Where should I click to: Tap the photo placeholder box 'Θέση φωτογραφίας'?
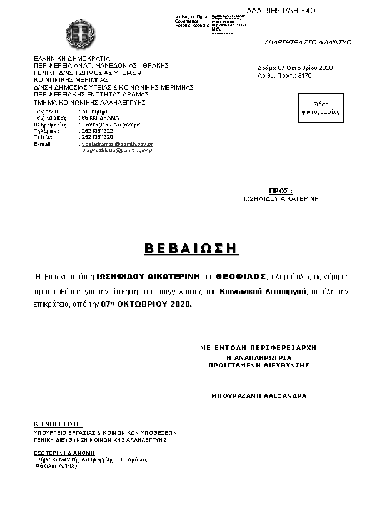tap(324, 108)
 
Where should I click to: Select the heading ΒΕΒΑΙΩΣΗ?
tap(191, 248)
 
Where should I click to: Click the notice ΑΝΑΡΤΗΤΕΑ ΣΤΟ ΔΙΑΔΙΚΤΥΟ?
tap(308, 42)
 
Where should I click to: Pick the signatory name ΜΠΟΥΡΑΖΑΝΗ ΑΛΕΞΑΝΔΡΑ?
tap(258, 396)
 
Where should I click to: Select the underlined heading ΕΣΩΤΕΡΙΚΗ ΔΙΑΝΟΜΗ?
tap(64, 452)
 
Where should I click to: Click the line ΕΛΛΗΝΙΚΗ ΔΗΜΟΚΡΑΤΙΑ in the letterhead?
tap(71, 58)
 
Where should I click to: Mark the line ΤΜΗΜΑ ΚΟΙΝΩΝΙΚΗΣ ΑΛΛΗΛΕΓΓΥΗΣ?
tap(89, 101)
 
